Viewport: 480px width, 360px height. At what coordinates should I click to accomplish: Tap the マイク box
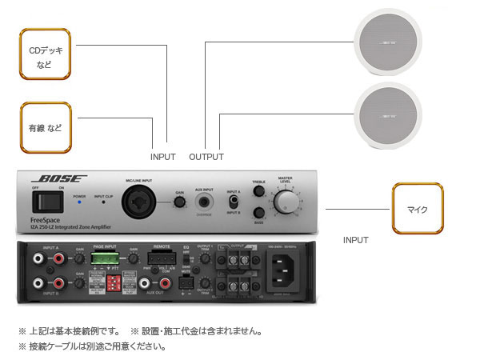pos(417,210)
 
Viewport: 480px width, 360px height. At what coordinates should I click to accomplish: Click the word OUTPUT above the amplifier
pos(206,157)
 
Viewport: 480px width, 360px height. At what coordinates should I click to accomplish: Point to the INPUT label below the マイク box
pos(356,240)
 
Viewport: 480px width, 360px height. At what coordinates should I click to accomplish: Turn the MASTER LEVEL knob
pos(285,202)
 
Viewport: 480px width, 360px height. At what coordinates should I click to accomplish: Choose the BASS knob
pos(258,213)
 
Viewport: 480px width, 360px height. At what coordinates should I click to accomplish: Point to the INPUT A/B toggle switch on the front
pos(233,202)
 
